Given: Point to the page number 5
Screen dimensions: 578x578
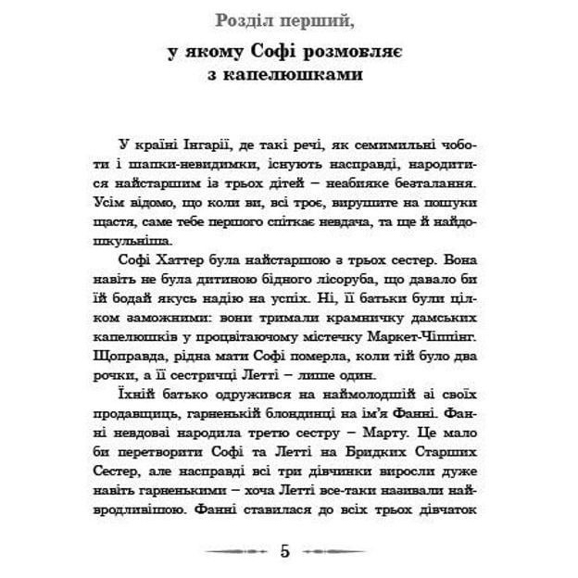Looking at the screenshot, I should point(285,552).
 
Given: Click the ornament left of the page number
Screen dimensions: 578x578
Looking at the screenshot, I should point(235,552).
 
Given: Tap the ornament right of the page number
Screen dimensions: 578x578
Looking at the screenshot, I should point(335,552).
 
